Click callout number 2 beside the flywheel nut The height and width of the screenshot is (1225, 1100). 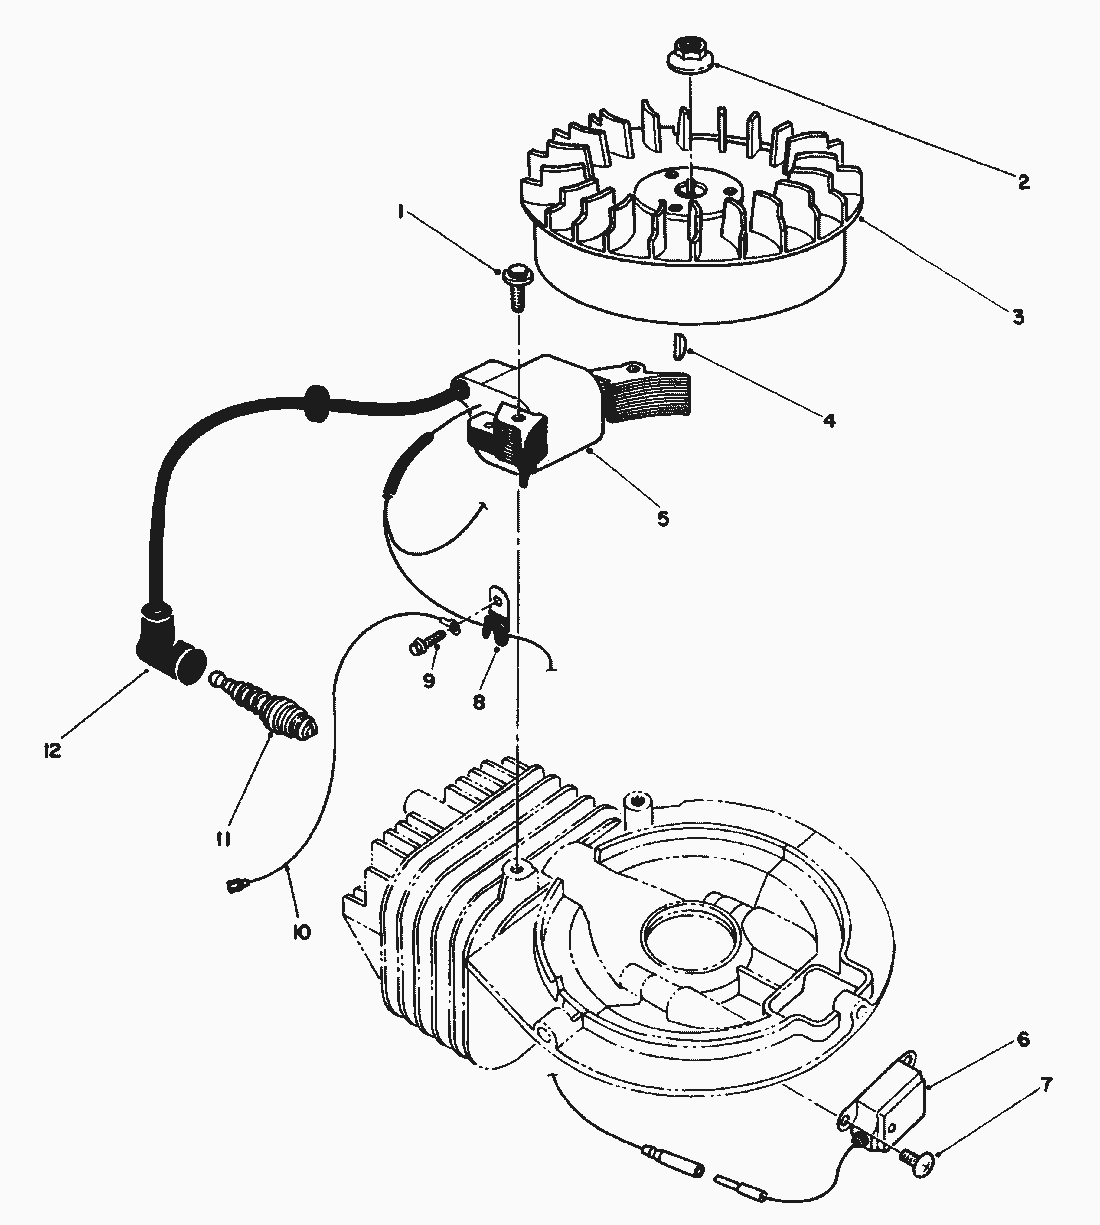pyautogui.click(x=1022, y=182)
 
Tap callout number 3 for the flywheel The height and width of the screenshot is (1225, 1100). pyautogui.click(x=1017, y=317)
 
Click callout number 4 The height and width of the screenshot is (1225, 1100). pyautogui.click(x=828, y=420)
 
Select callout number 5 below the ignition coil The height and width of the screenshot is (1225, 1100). pyautogui.click(x=663, y=518)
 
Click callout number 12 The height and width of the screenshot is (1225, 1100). pyautogui.click(x=51, y=749)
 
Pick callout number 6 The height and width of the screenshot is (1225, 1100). pyautogui.click(x=1022, y=1039)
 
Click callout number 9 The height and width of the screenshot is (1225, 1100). pyautogui.click(x=428, y=680)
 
